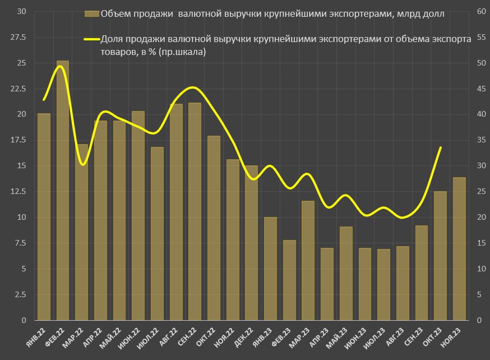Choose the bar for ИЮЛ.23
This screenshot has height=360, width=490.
pos(383,284)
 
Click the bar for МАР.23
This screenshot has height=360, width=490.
pos(308,260)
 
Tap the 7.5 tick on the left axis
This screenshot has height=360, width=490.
pos(19,243)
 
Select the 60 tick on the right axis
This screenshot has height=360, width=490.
pos(480,11)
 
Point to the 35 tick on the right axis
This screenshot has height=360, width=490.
pos(480,140)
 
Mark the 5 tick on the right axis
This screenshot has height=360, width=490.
pos(479,294)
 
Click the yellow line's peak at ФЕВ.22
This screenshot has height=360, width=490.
pos(61,66)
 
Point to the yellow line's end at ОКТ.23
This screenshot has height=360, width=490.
pos(441,147)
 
